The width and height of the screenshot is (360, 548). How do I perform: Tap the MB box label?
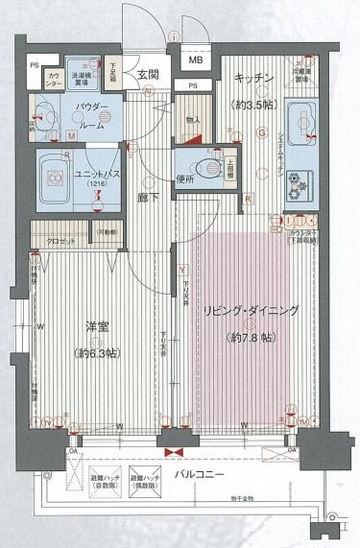pyautogui.click(x=196, y=60)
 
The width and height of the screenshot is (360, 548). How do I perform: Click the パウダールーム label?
pyautogui.click(x=73, y=115)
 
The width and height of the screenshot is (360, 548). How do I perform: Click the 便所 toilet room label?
pyautogui.click(x=185, y=179)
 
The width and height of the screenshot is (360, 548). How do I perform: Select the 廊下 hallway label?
pyautogui.click(x=147, y=196)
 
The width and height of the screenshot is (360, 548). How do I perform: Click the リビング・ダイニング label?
pyautogui.click(x=251, y=310)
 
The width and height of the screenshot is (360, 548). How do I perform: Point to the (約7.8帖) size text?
pyautogui.click(x=250, y=337)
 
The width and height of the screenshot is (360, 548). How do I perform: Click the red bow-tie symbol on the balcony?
pyautogui.click(x=174, y=450)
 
